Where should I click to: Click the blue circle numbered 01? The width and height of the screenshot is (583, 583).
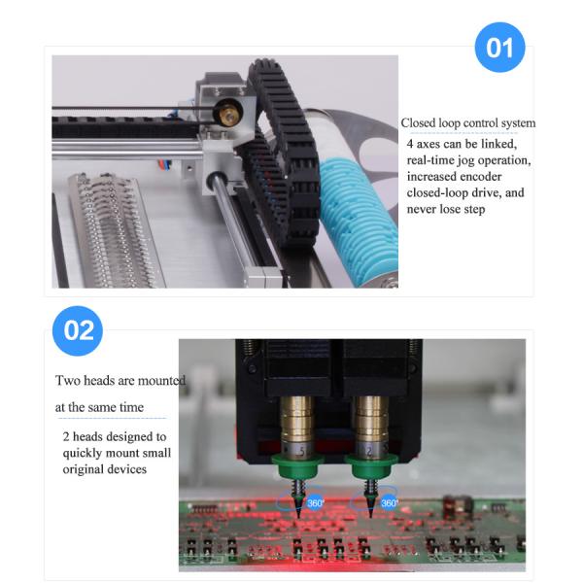[499, 47]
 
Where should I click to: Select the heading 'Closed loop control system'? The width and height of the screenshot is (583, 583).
[468, 123]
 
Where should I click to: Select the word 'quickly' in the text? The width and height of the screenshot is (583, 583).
[86, 453]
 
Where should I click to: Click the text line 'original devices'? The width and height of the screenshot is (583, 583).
[105, 469]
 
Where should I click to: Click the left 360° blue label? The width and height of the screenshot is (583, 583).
[316, 503]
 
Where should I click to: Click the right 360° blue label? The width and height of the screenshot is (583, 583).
[390, 503]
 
